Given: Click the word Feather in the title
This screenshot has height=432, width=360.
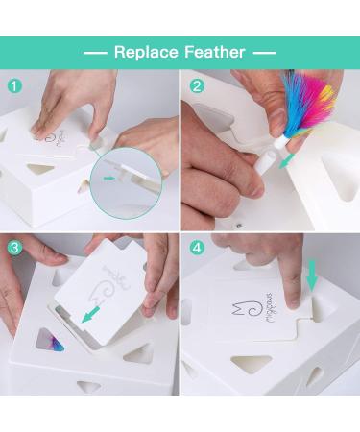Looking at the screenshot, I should [216, 53].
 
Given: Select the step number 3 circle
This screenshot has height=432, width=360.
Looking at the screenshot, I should [12, 248].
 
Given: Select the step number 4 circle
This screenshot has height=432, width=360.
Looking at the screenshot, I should [197, 248].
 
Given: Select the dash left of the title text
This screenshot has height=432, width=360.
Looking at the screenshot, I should [95, 53].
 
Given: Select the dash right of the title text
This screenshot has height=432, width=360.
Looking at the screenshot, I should [265, 53].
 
